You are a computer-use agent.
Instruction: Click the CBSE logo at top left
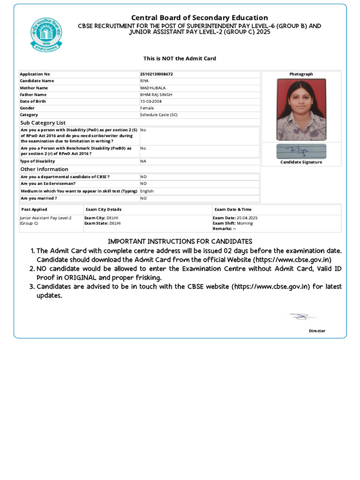click(x=45, y=34)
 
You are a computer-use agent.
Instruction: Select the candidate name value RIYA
click(x=144, y=81)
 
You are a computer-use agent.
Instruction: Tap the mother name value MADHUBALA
click(x=153, y=88)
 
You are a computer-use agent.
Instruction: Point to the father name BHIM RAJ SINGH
click(x=156, y=95)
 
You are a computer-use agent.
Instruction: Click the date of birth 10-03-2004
click(x=151, y=101)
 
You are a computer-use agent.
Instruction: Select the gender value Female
click(x=147, y=108)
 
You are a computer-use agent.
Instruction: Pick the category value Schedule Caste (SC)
click(x=159, y=115)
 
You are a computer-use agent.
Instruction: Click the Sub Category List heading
click(x=43, y=123)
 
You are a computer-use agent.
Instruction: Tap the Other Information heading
click(x=44, y=169)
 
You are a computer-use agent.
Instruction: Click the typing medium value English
click(x=147, y=191)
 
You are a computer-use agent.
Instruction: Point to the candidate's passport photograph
click(x=301, y=109)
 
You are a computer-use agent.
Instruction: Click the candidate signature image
click(x=301, y=151)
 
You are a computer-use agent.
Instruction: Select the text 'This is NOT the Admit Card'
click(x=180, y=59)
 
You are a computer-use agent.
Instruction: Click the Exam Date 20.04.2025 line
click(x=235, y=218)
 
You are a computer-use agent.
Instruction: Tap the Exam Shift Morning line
click(x=232, y=223)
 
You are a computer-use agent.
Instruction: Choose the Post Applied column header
click(x=34, y=210)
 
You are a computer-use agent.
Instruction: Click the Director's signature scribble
click(x=301, y=317)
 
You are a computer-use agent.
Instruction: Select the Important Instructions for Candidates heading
click(x=180, y=241)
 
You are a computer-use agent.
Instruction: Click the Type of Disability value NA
click(x=143, y=161)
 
